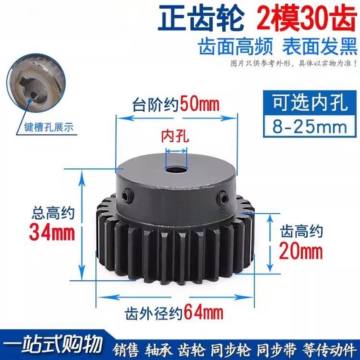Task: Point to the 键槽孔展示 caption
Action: click(x=50, y=127)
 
